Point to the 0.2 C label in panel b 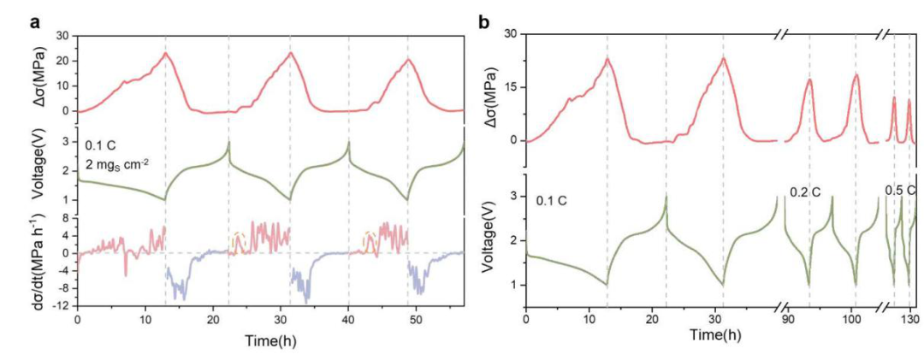(x=805, y=192)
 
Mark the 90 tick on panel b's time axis (x=785, y=319)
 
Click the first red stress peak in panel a (x=165, y=54)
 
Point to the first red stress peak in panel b (x=607, y=59)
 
